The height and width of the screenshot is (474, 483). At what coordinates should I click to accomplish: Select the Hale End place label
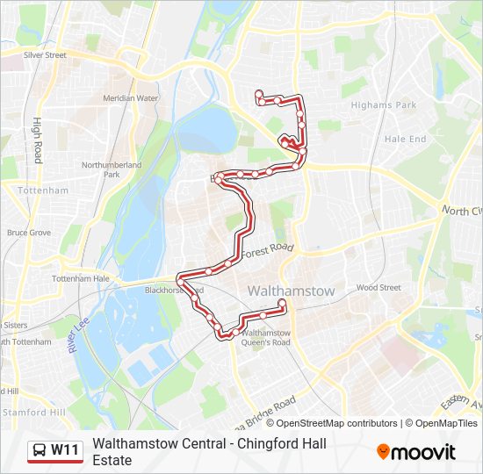point(405,139)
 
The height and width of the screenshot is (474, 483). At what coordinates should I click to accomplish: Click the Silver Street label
point(46,54)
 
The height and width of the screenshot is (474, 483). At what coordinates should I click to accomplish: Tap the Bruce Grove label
point(29,233)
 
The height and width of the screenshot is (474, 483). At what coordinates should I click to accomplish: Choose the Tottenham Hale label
point(81,278)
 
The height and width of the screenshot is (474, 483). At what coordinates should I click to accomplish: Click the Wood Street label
point(378,287)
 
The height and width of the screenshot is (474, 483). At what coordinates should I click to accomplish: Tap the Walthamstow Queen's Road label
point(265,338)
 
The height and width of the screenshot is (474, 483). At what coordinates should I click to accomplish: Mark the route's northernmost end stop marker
point(258,94)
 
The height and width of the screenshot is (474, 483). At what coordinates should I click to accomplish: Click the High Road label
point(38,140)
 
